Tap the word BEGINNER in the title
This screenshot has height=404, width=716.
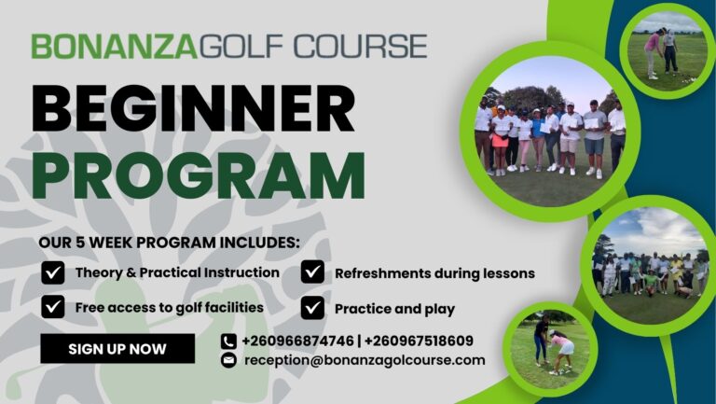coord(193,109)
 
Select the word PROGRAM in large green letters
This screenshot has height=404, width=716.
coord(198,174)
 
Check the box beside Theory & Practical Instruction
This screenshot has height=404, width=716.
coord(53,273)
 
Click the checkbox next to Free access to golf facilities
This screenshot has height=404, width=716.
coord(53,307)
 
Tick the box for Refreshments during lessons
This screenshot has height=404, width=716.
coord(313,273)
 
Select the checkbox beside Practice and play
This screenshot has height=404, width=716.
coord(313,307)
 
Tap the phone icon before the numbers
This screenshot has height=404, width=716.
coord(228,341)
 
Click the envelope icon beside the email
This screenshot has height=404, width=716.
coord(228,360)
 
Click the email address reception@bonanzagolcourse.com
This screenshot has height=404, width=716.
coord(365,360)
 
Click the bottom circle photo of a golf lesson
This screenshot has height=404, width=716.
coord(550,350)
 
